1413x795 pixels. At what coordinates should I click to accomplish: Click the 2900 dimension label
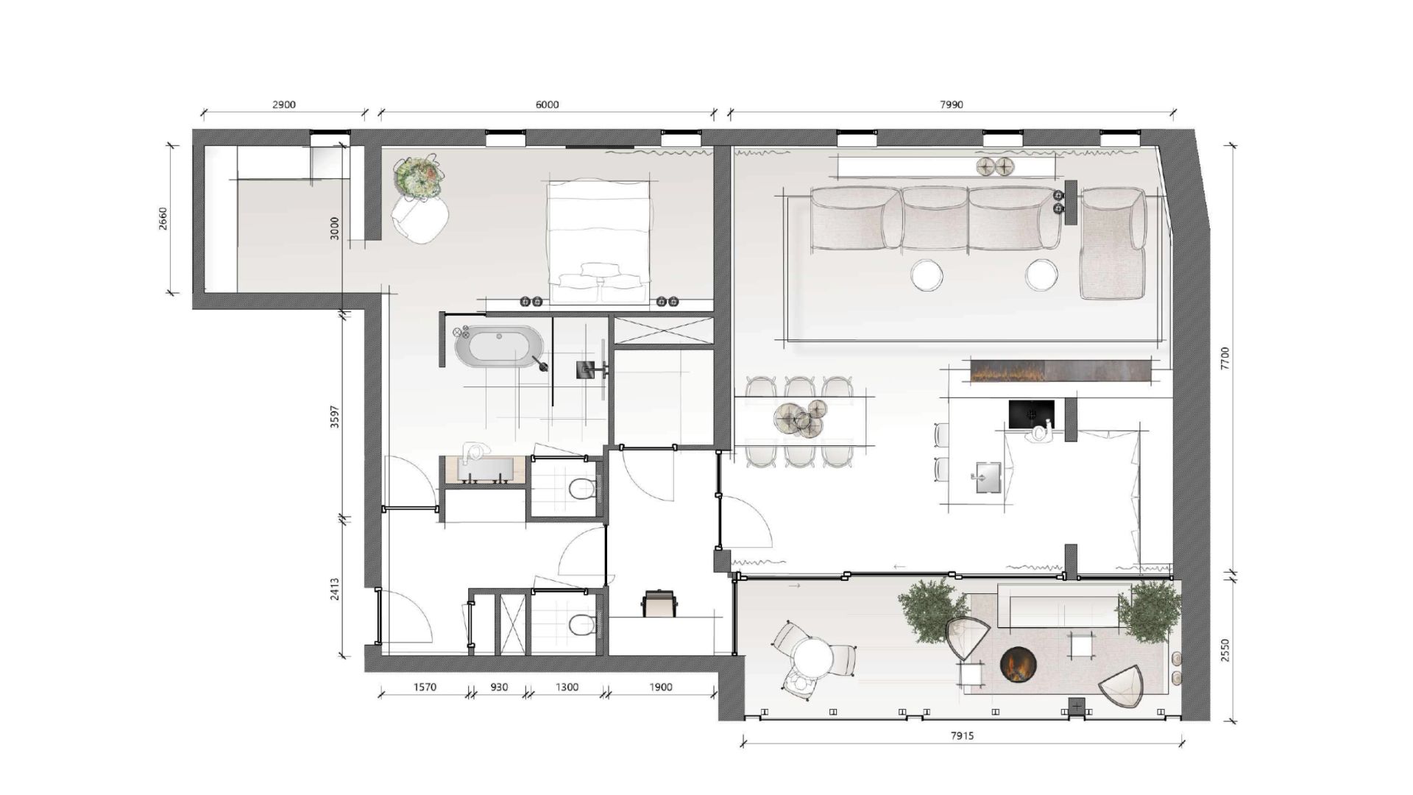click(284, 105)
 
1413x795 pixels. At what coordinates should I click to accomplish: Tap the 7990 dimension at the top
click(951, 105)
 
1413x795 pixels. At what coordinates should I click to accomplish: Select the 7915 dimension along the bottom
click(962, 735)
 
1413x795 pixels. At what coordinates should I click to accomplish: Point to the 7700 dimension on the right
click(1225, 358)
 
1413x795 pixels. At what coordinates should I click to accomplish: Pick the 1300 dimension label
click(567, 687)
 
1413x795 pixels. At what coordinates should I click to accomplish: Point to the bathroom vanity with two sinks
click(484, 470)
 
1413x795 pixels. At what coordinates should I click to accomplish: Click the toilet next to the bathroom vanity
click(583, 488)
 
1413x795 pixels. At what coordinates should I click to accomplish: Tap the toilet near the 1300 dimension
click(583, 625)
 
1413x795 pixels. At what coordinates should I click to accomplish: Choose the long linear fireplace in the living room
click(1060, 370)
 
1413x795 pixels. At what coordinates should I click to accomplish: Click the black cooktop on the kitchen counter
click(1031, 414)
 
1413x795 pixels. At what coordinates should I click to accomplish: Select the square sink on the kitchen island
click(988, 477)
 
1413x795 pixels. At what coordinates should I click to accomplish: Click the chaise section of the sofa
click(1113, 243)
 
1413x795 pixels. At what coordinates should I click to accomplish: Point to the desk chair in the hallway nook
click(659, 603)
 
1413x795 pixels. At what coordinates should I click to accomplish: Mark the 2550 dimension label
click(1225, 649)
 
